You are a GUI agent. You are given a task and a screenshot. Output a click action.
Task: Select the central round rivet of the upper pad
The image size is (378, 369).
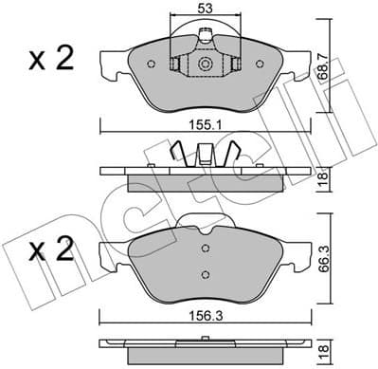tap(206, 65)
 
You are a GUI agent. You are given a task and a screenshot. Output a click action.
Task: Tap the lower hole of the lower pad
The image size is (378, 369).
tap(206, 274)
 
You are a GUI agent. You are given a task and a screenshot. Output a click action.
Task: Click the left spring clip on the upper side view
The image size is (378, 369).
tap(176, 153)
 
